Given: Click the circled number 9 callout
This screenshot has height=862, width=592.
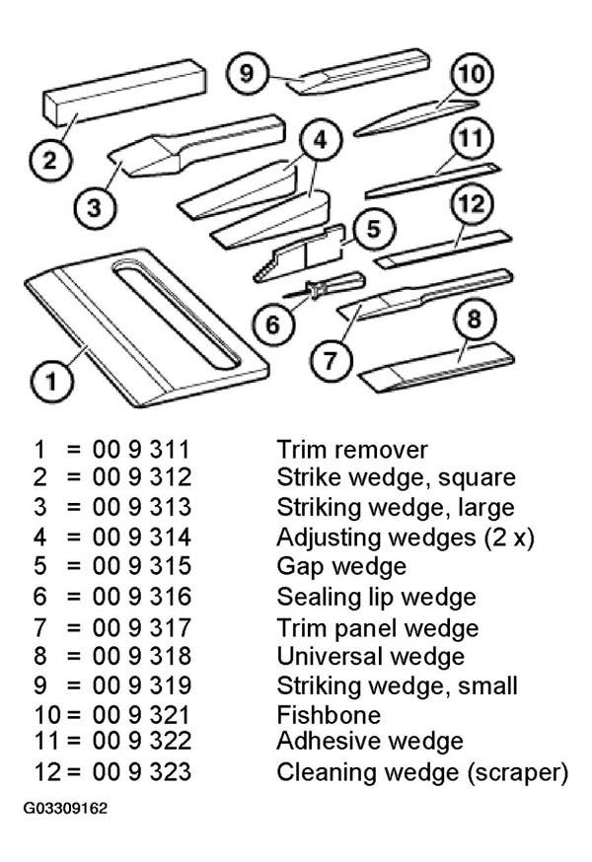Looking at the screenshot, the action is [x=247, y=73].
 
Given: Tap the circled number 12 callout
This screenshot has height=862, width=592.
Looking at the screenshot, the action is [x=471, y=204].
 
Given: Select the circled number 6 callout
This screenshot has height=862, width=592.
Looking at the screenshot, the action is [x=273, y=324].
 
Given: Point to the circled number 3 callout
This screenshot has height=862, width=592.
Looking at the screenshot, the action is [x=95, y=208].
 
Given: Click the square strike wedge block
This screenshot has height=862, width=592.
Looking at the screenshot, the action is [x=124, y=92].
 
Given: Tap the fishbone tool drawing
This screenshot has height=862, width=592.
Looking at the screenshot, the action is [x=416, y=117].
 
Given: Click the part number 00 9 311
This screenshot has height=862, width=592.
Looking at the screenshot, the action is [x=141, y=450].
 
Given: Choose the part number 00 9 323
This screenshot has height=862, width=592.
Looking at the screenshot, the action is [x=142, y=772].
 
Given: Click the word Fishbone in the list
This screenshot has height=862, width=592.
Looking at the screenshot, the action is [x=329, y=715].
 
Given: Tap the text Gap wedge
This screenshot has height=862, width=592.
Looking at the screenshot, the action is [x=341, y=567].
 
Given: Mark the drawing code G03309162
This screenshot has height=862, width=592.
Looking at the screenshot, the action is [x=65, y=808].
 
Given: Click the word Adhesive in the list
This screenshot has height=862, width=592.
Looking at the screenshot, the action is [x=330, y=741].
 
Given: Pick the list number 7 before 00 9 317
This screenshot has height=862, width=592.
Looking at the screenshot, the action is [x=39, y=628].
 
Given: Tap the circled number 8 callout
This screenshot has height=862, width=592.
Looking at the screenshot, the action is [x=474, y=320].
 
